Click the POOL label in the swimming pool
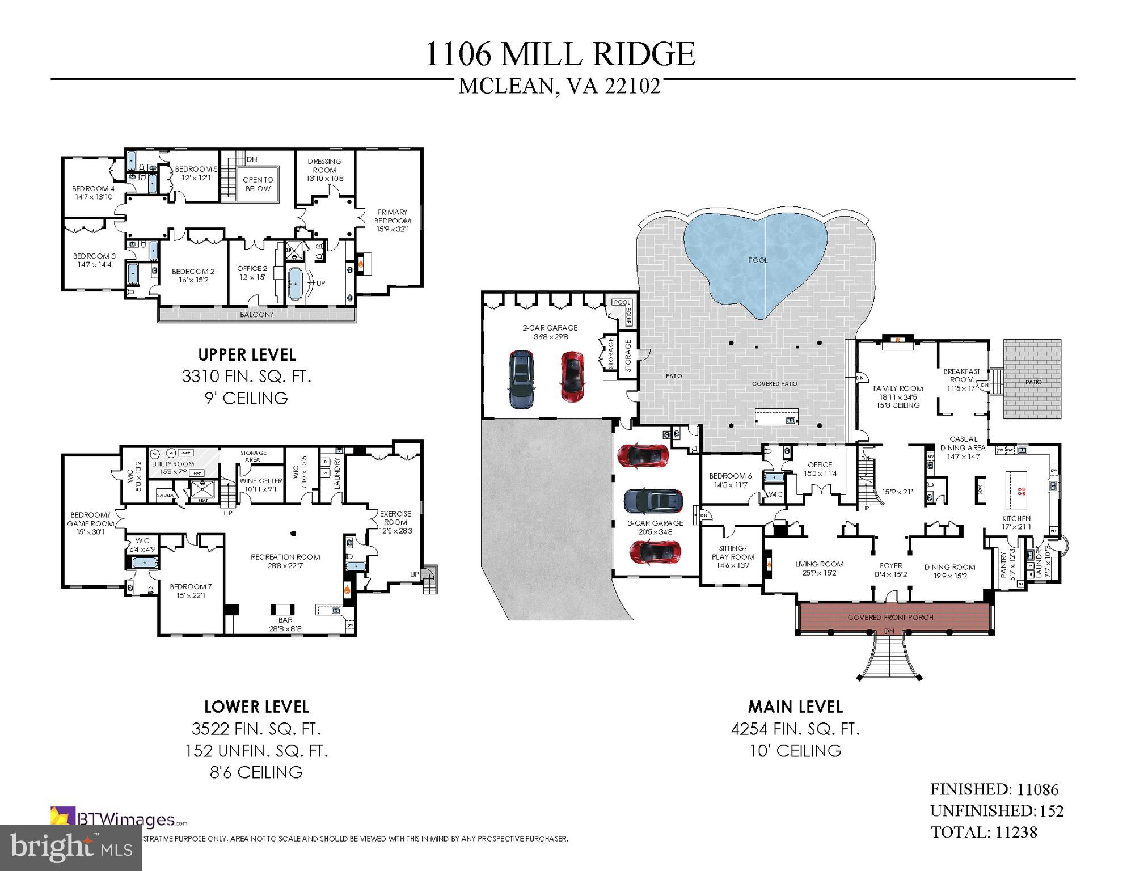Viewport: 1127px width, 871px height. (x=758, y=260)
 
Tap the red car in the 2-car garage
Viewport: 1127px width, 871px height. (x=573, y=377)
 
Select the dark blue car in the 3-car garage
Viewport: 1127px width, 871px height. (x=653, y=501)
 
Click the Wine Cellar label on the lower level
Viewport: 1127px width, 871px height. (x=261, y=481)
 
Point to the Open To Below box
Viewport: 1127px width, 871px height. (x=258, y=184)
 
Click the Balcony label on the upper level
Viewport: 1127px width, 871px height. (x=257, y=315)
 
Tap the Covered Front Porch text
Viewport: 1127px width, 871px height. (x=890, y=617)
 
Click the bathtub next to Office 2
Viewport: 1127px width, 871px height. (x=296, y=283)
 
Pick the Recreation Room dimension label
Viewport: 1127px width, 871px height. (x=285, y=565)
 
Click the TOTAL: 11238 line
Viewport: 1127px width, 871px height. (x=984, y=832)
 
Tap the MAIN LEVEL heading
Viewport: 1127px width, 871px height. (x=795, y=707)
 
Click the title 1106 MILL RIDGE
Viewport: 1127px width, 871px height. (x=560, y=54)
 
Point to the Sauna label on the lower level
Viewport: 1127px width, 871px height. (x=166, y=495)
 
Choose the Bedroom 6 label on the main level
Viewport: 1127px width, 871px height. (x=731, y=476)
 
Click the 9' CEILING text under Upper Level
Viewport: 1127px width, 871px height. (x=246, y=398)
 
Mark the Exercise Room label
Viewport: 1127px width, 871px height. (x=395, y=518)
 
